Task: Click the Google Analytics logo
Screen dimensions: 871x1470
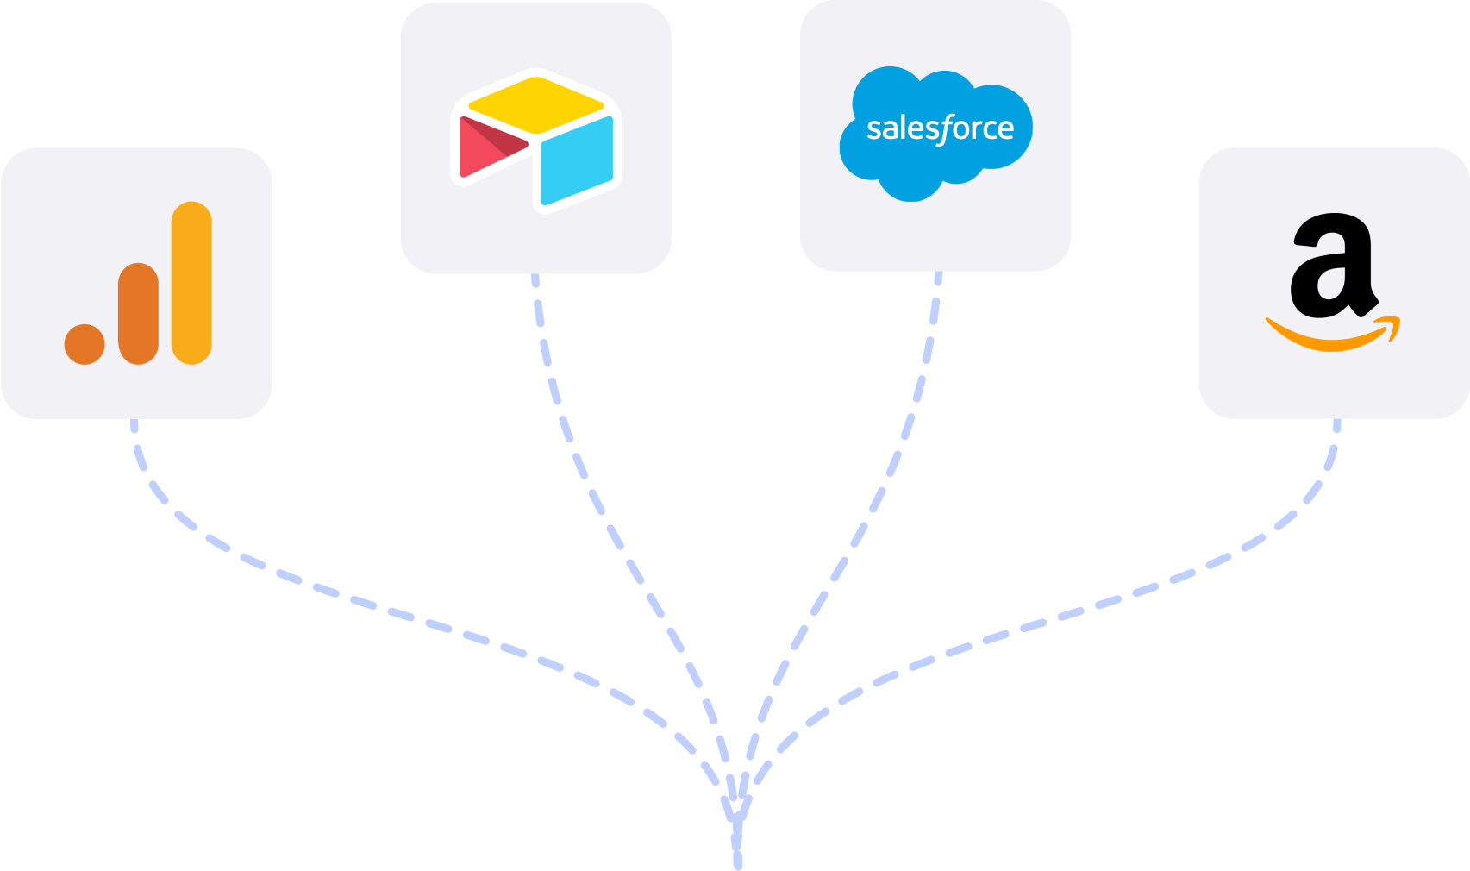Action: [x=138, y=283]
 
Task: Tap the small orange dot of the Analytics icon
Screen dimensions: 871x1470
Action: [x=84, y=344]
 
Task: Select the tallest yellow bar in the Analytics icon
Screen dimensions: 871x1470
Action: [x=191, y=283]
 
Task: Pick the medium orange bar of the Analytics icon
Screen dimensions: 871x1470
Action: [x=138, y=313]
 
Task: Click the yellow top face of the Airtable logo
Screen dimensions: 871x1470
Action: [x=535, y=104]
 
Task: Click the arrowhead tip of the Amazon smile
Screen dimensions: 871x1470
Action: [x=1395, y=323]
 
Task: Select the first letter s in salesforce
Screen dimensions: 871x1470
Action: [x=873, y=130]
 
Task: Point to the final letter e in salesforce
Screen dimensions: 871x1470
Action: [x=1005, y=130]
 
